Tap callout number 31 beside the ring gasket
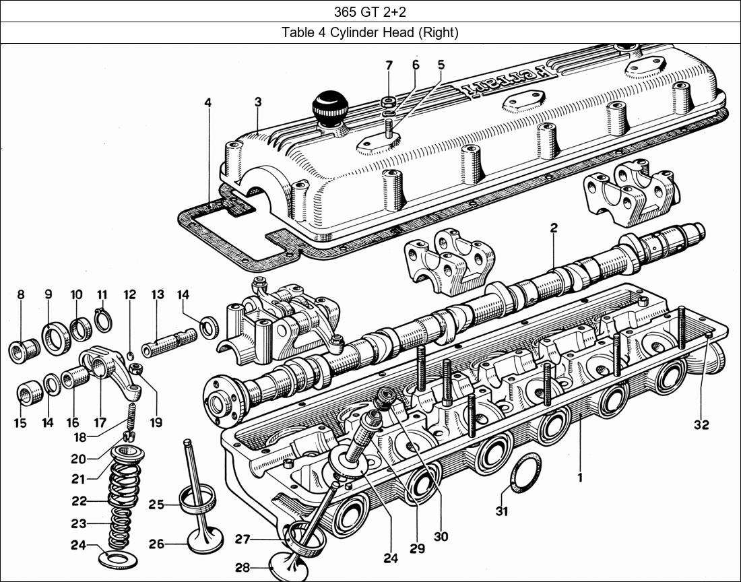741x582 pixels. [501, 511]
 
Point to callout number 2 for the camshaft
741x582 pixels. [553, 228]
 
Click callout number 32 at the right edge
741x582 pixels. [701, 425]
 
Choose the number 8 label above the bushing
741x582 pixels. [21, 294]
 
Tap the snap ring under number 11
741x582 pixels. [102, 319]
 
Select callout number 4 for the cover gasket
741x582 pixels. [208, 102]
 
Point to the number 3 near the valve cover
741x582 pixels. [258, 102]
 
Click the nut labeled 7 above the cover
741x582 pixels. [389, 102]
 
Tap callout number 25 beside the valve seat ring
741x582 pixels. [156, 505]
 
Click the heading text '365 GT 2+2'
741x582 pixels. [370, 11]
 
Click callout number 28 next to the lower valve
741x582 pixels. [243, 569]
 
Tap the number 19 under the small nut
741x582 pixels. [156, 423]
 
